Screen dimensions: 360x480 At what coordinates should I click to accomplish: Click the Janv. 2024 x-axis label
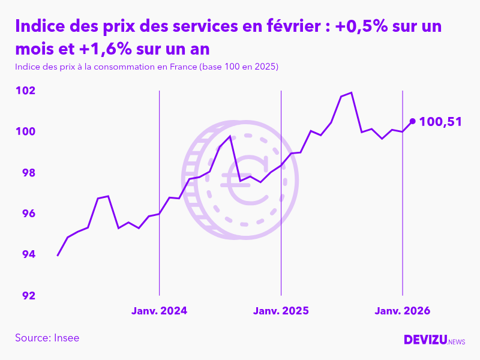159,311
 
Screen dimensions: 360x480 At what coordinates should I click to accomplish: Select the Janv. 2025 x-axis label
281,311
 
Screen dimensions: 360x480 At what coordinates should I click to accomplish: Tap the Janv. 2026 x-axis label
402,311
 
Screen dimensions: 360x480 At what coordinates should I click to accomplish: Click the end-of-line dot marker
412,121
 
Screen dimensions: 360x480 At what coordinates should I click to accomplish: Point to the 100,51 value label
440,122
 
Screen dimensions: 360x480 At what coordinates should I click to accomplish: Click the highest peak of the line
351,92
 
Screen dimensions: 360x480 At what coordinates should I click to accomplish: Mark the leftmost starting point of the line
58,256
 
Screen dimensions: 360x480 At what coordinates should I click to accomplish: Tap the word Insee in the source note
67,338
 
